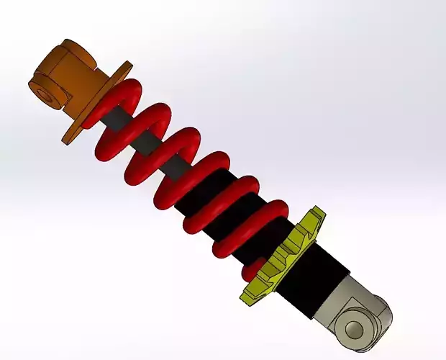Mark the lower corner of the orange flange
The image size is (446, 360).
click(x=69, y=138)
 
